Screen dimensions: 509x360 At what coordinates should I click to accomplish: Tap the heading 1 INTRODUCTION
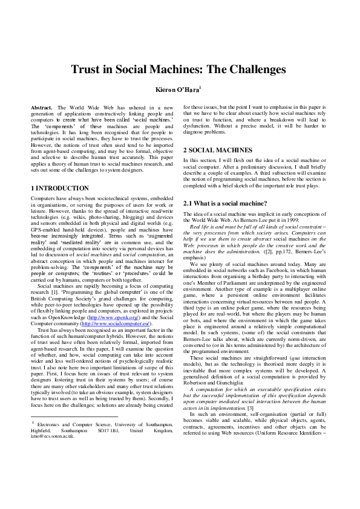coord(60,189)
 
